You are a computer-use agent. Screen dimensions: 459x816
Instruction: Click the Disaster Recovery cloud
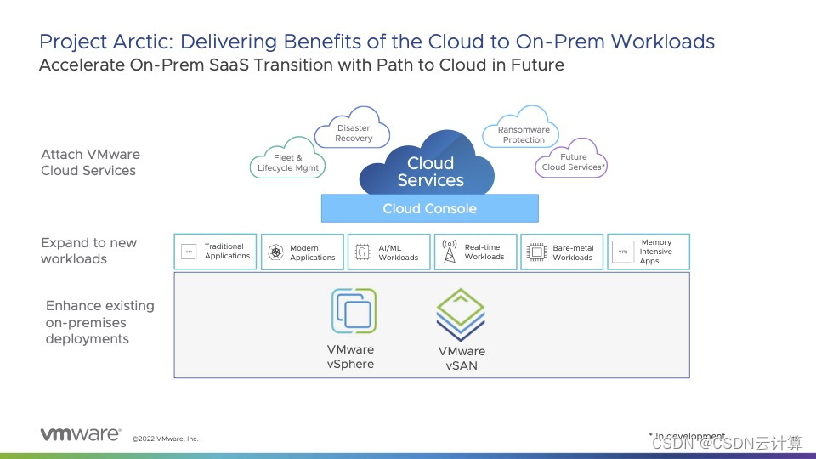[x=353, y=133]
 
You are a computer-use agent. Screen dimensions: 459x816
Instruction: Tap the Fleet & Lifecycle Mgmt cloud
[x=287, y=161]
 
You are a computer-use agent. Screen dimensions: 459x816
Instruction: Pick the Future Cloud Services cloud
[x=573, y=161]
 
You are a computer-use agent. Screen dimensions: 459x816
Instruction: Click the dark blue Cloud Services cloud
[x=430, y=170]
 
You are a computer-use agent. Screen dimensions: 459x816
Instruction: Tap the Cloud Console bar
[x=429, y=208]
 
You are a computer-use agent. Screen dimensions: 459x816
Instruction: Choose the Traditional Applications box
[x=215, y=252]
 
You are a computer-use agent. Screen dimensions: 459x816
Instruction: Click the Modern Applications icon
[x=275, y=252]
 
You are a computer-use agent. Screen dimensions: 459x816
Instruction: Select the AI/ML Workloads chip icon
[x=362, y=252]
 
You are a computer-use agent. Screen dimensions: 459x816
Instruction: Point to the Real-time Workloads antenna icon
[x=449, y=252]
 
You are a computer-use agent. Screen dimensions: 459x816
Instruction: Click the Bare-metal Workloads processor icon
[x=536, y=252]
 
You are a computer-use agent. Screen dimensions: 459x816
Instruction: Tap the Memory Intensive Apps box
[x=649, y=252]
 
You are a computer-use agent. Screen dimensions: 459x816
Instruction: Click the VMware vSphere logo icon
[x=354, y=311]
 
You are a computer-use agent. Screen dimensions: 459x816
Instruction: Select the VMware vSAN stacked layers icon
[x=461, y=315]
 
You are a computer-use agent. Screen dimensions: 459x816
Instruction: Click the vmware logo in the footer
[x=81, y=434]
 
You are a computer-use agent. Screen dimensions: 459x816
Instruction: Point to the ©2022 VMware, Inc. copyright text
[x=165, y=439]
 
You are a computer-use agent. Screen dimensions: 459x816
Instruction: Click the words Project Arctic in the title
[x=93, y=42]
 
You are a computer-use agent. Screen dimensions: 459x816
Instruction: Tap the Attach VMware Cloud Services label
[x=89, y=162]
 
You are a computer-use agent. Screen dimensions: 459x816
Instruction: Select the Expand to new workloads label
[x=88, y=251]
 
